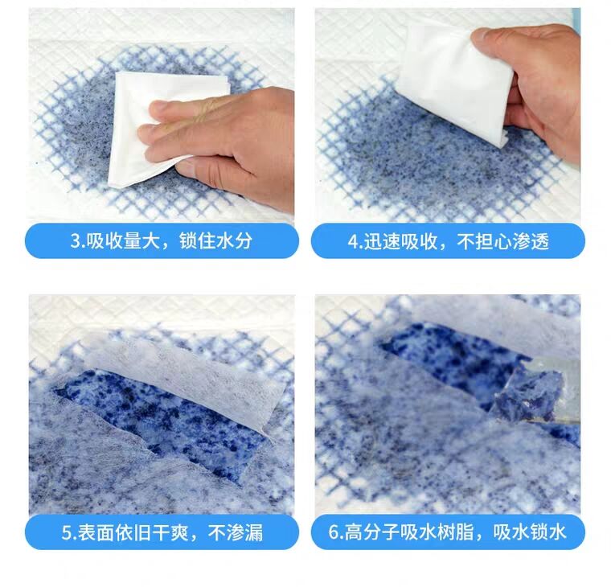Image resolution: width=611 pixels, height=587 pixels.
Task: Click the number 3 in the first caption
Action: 75,241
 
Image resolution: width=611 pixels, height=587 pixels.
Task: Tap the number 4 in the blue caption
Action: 353,242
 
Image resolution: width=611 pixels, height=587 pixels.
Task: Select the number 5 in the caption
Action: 67,533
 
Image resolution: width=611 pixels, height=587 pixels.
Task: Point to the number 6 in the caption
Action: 334,532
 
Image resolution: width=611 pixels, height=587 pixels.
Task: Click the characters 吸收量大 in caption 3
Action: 123,241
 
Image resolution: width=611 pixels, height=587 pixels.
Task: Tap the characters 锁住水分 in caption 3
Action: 215,241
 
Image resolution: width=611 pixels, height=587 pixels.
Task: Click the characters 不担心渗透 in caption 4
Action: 503,242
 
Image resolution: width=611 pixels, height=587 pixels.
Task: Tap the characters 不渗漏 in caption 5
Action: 236,533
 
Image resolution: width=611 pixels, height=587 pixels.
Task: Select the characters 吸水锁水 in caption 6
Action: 529,532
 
